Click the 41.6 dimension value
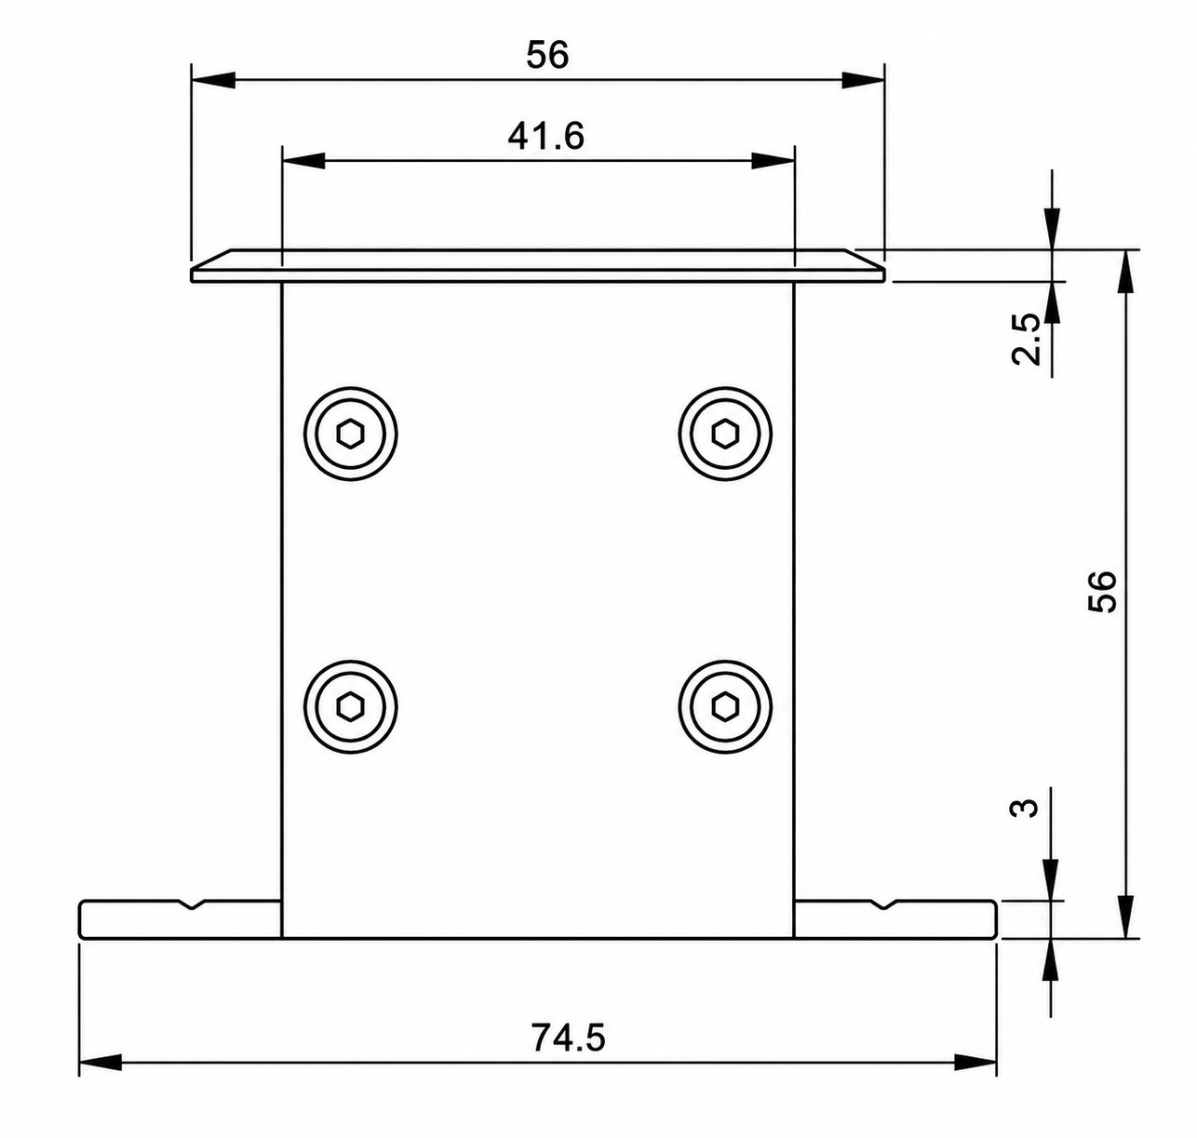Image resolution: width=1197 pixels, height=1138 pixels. (545, 136)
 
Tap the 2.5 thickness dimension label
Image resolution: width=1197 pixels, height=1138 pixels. (1026, 339)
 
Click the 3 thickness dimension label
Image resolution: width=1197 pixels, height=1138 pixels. (1024, 809)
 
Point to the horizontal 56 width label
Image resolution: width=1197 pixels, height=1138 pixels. (547, 55)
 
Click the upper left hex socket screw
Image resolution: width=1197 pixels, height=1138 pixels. (350, 435)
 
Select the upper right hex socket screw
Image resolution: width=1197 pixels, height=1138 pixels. (724, 435)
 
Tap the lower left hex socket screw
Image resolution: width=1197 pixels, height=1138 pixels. (350, 707)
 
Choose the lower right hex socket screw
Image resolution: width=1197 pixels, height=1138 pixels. (724, 707)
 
